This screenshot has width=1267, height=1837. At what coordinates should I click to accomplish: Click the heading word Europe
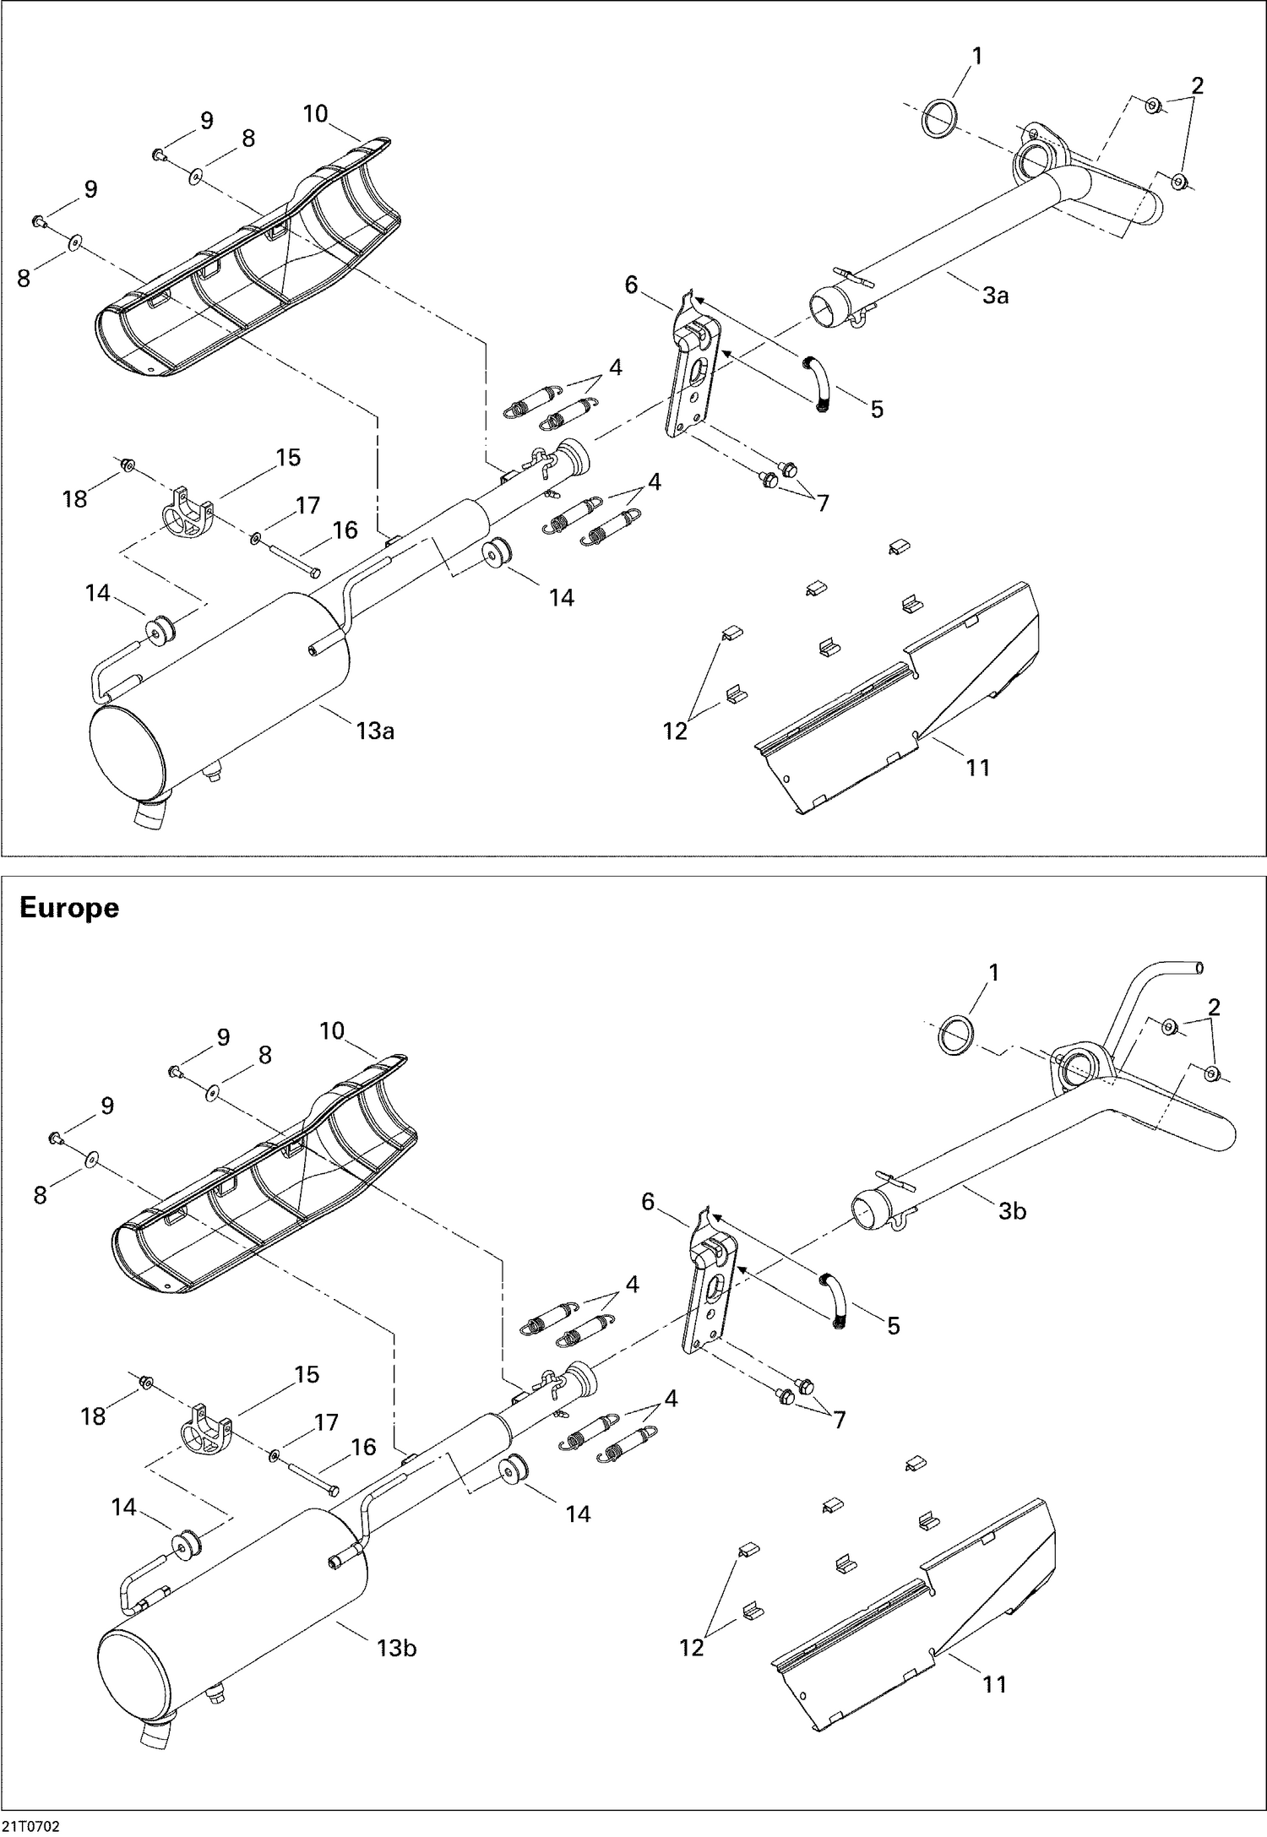pyautogui.click(x=69, y=908)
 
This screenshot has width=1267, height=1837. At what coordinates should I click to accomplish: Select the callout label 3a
pyautogui.click(x=995, y=296)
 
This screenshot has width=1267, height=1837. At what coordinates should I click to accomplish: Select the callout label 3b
pyautogui.click(x=1012, y=1211)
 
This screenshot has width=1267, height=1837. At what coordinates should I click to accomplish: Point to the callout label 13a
pyautogui.click(x=375, y=731)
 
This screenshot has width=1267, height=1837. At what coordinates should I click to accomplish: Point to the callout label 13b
pyautogui.click(x=396, y=1647)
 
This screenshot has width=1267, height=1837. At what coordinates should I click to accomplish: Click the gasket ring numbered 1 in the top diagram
pyautogui.click(x=940, y=117)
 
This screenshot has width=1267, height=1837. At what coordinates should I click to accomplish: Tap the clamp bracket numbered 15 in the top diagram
pyautogui.click(x=187, y=512)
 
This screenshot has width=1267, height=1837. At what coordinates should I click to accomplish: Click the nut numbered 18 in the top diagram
pyautogui.click(x=128, y=465)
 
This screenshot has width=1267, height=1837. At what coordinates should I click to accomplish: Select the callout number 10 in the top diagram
pyautogui.click(x=315, y=113)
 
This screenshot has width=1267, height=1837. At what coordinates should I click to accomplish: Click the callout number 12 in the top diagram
pyautogui.click(x=675, y=731)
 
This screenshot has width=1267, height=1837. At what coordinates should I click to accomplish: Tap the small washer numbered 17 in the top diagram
pyautogui.click(x=256, y=537)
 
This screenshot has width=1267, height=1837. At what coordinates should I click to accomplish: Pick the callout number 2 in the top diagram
pyautogui.click(x=1197, y=84)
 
